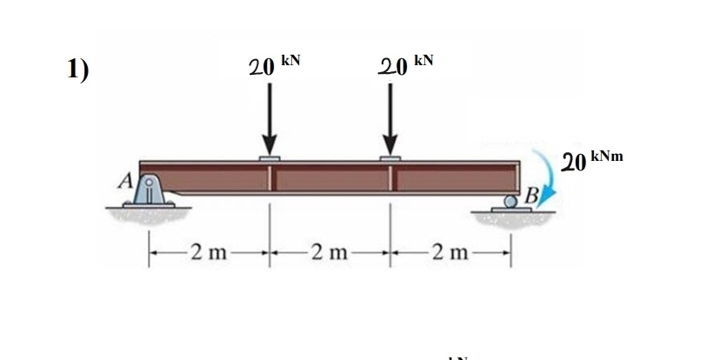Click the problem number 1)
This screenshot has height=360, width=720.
pos(78,70)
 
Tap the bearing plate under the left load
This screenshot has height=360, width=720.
pos(270,159)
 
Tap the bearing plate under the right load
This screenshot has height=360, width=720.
pos(390,159)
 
